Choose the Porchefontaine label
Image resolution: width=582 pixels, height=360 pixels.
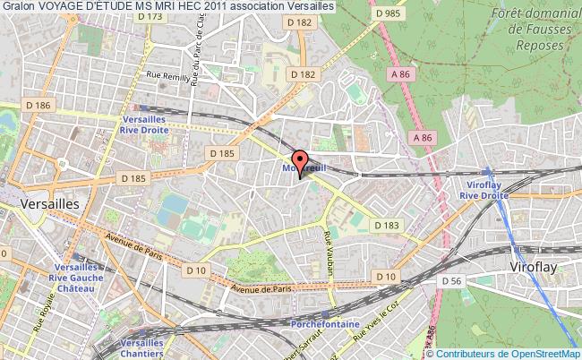(323, 323)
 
